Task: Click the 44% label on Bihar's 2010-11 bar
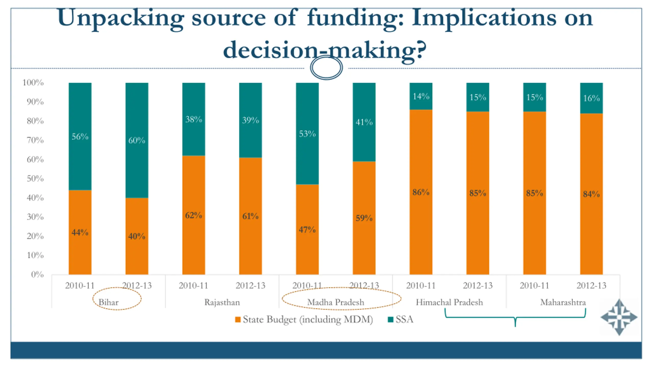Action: pos(80,232)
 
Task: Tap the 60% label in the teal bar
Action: pos(137,140)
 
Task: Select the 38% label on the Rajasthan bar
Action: pos(194,119)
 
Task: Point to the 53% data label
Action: pos(307,134)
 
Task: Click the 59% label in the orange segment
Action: pos(364,218)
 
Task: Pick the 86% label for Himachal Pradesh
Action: pos(421,192)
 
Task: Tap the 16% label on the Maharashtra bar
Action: pos(591,98)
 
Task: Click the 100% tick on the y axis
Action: pos(33,83)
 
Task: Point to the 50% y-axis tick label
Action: pos(35,178)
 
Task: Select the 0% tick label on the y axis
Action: pos(37,274)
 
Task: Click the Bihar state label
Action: pos(108,302)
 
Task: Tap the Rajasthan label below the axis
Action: pos(222,302)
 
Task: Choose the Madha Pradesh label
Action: pos(336,302)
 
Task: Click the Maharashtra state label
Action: pos(563,302)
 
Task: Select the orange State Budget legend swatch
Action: pos(237,320)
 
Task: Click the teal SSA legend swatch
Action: pos(390,320)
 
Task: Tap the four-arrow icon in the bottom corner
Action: pos(619,317)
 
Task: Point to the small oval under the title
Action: pos(326,68)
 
